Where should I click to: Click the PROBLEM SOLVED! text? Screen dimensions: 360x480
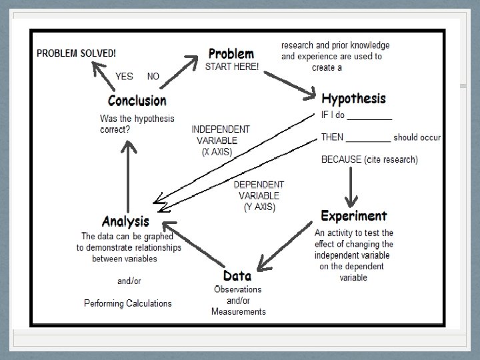click(x=76, y=53)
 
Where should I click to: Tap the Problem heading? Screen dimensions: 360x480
click(x=231, y=53)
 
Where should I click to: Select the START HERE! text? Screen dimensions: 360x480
click(x=231, y=67)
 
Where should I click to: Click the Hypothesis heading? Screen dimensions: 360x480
click(x=353, y=99)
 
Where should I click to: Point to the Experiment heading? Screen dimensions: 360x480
click(x=353, y=216)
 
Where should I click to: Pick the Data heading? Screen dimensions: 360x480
click(x=237, y=275)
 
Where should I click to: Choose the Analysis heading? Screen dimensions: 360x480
click(x=125, y=221)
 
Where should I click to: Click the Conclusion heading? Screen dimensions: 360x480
click(x=137, y=101)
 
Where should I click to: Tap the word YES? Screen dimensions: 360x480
click(x=124, y=77)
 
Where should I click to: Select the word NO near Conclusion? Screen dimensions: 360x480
click(x=153, y=77)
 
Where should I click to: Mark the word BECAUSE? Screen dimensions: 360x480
click(x=341, y=159)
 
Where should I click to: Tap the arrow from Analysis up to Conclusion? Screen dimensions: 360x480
click(x=131, y=173)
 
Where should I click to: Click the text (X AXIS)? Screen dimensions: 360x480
click(x=217, y=152)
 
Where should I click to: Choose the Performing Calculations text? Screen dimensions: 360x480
click(x=127, y=303)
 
